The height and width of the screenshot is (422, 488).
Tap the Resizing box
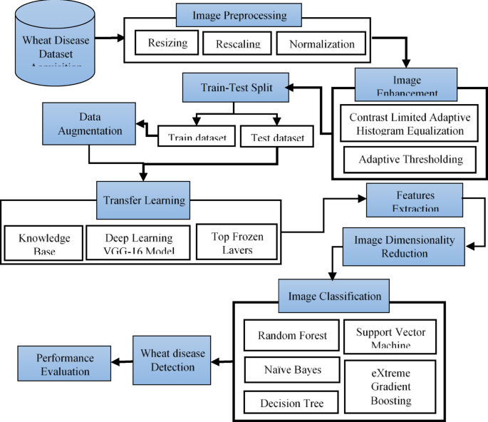[x=167, y=43]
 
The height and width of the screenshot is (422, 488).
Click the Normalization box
[x=321, y=43]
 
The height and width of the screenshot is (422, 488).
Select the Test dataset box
[x=276, y=136]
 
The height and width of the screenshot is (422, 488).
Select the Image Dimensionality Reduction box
[x=404, y=247]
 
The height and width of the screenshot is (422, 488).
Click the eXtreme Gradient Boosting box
[x=391, y=386]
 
